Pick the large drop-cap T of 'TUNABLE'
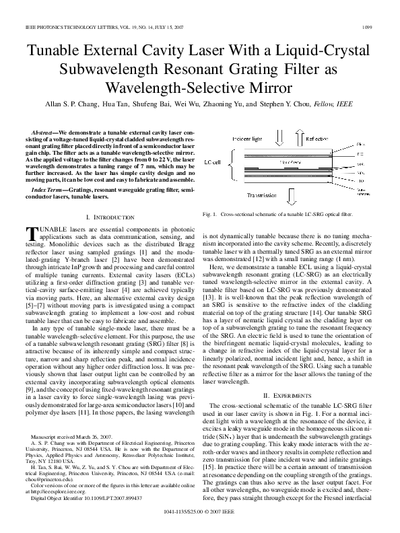pos(30,233)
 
